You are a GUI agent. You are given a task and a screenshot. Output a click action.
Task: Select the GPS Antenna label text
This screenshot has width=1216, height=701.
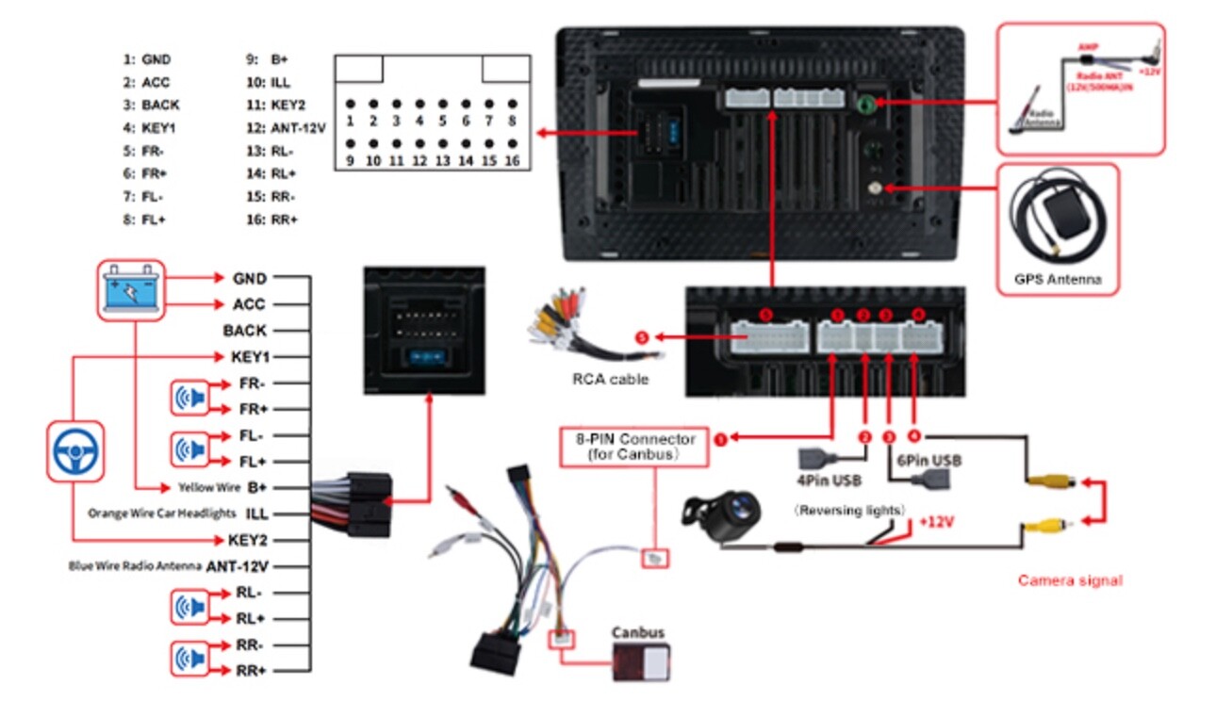click(1058, 280)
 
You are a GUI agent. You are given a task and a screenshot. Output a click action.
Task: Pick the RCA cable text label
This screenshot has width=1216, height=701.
click(611, 381)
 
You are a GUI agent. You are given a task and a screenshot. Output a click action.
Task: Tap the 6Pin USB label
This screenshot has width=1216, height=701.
click(928, 461)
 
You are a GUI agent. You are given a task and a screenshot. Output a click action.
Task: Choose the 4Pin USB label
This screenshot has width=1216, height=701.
click(830, 481)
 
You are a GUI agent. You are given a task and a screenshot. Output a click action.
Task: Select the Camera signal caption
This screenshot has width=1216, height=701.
click(1070, 580)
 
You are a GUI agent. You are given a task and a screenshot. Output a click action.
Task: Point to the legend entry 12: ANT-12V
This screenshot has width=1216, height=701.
click(285, 128)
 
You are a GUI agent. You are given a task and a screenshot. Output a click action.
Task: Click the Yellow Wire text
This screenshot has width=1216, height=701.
click(209, 488)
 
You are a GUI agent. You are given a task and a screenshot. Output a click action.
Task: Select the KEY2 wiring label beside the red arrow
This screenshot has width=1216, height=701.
click(248, 540)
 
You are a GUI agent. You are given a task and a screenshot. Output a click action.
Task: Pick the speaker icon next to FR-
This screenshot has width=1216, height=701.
click(188, 398)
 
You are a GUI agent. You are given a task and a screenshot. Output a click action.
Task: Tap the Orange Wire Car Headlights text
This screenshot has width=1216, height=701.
click(161, 514)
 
